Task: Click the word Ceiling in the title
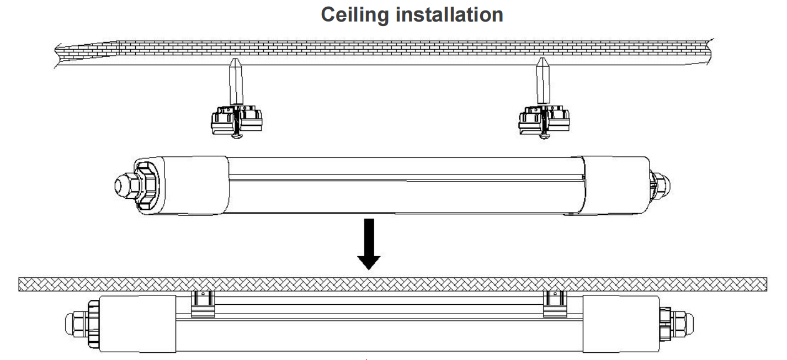point(355,15)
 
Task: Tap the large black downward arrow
point(369,244)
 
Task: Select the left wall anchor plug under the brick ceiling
point(236,81)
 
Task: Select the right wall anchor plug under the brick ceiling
point(543,81)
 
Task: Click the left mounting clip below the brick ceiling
point(236,119)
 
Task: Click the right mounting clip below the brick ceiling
point(544,119)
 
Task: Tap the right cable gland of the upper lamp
point(660,186)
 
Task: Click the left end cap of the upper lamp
point(181,186)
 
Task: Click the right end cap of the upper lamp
point(615,186)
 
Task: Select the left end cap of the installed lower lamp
point(137,324)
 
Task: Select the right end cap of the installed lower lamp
point(621,324)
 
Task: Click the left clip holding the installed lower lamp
point(203,304)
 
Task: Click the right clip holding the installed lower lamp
point(555,304)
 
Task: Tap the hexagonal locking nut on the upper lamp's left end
point(147,186)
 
